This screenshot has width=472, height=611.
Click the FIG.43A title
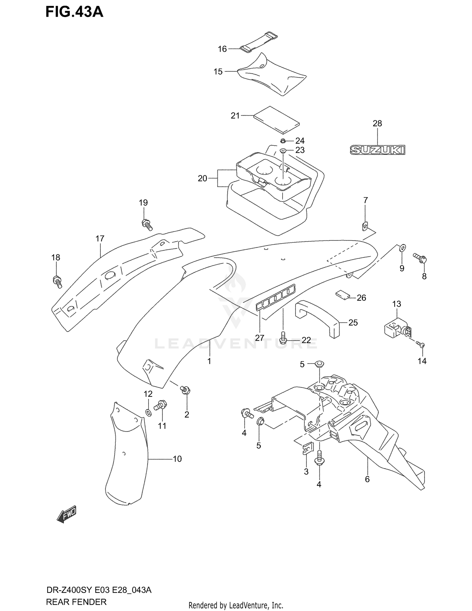point(74,12)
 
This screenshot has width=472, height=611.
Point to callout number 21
point(235,116)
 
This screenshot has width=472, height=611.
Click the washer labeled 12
point(149,412)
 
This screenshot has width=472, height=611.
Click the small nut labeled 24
point(283,140)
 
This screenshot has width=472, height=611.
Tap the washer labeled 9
point(402,248)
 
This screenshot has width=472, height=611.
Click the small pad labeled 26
point(342,294)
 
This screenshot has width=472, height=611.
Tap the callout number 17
point(100,239)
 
